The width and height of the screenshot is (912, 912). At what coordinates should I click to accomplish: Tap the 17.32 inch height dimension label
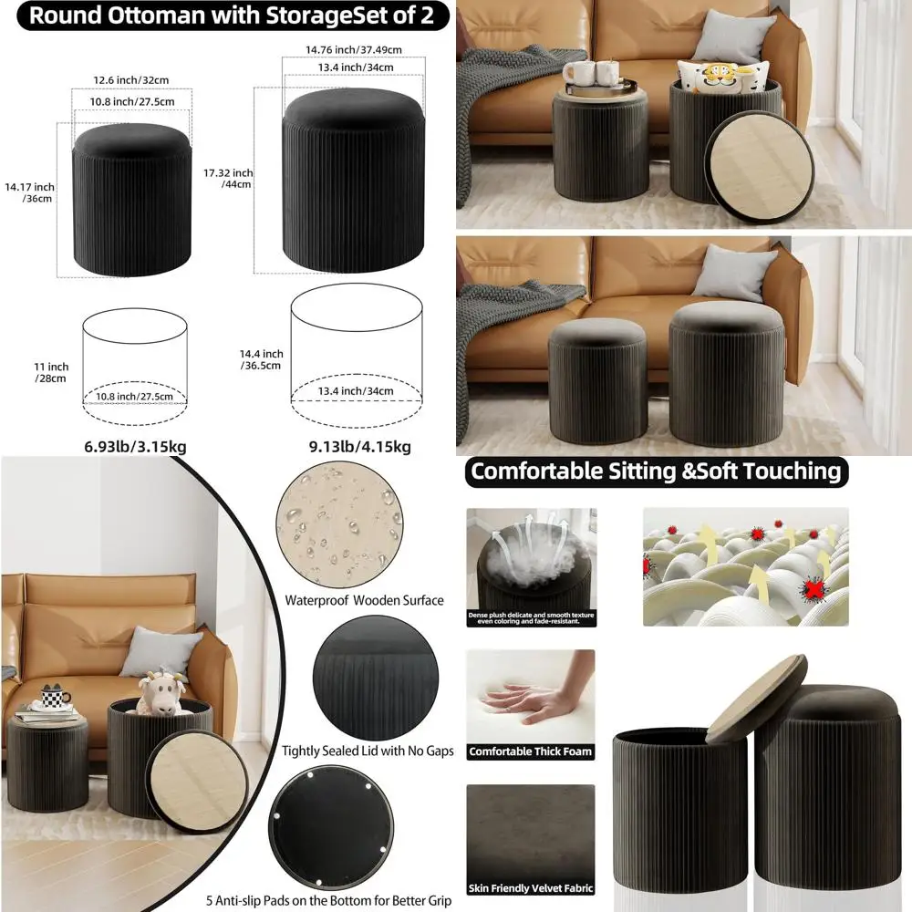point(229,178)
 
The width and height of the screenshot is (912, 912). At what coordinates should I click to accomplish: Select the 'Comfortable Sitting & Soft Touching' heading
point(655,472)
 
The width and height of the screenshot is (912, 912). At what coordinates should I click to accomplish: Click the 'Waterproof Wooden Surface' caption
point(364,600)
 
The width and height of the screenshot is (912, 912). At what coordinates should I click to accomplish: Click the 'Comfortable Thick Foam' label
point(530,752)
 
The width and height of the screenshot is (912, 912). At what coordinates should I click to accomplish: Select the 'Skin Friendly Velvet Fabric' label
point(530,887)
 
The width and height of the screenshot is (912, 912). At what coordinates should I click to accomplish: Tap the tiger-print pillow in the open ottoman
point(721,77)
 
